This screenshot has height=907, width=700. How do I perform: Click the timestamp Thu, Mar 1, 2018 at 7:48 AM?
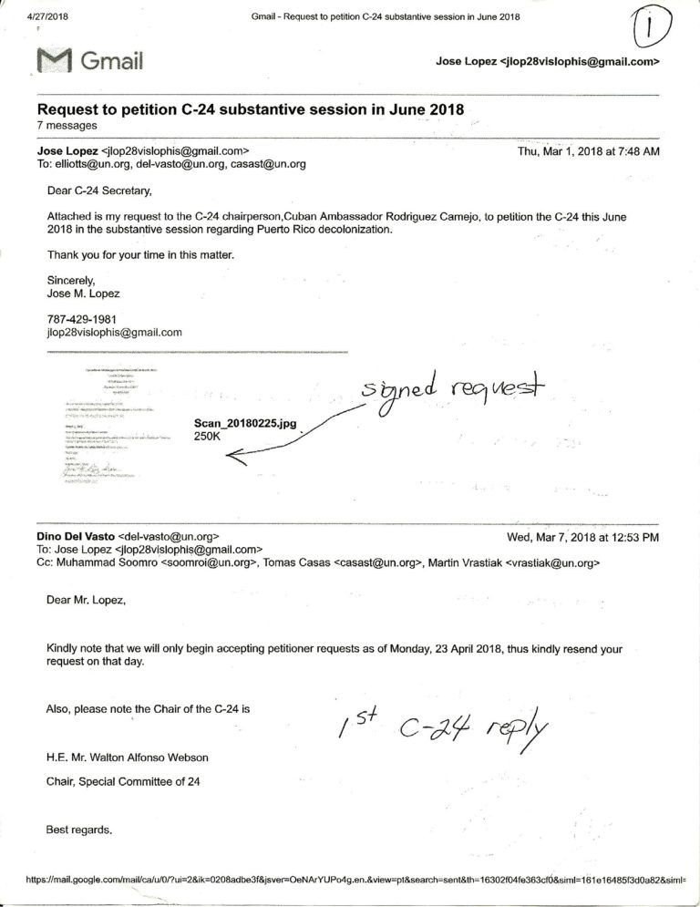coord(588,151)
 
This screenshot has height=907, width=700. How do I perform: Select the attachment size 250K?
coord(208,437)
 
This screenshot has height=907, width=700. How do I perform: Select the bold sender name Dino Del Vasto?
coord(75,537)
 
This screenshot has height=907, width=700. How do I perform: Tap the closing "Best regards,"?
coord(79,830)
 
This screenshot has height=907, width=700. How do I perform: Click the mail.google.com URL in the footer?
coord(355,881)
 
